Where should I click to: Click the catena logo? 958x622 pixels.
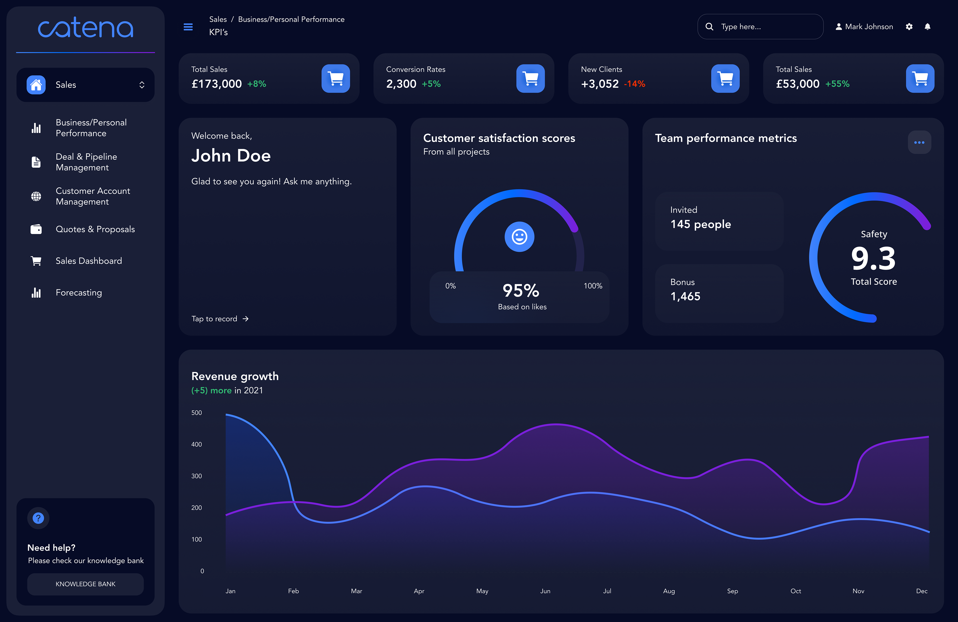tap(85, 28)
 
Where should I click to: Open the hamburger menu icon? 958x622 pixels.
tap(188, 27)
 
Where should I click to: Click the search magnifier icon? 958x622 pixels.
tap(709, 26)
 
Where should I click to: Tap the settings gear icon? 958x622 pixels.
tap(909, 26)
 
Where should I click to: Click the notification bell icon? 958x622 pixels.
tap(927, 26)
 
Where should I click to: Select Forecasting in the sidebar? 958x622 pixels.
tap(79, 293)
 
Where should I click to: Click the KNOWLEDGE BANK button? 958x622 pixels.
tap(85, 584)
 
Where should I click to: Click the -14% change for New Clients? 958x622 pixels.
tap(634, 84)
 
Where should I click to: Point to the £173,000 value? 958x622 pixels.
tap(217, 84)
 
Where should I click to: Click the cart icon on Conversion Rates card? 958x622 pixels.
tap(531, 79)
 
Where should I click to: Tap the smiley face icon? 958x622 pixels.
tap(519, 237)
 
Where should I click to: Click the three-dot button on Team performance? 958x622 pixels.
tap(919, 142)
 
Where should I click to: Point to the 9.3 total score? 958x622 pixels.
tap(873, 258)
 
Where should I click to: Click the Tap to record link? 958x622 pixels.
tap(220, 319)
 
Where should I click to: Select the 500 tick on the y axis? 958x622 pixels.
tap(196, 413)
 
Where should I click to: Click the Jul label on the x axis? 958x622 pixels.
tap(607, 591)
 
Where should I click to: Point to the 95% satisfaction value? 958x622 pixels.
tap(521, 291)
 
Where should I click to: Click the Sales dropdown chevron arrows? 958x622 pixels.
tap(142, 85)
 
